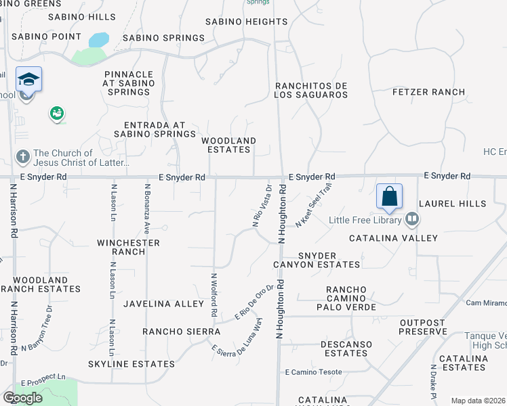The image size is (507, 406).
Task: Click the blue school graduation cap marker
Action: pos(28,81)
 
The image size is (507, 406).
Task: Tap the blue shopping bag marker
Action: pos(389,197)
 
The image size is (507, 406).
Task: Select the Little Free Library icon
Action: pos(411,219)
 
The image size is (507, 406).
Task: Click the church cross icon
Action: pos(22,158)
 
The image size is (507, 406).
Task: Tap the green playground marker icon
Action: pos(56,114)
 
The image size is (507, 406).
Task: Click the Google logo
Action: pos(22,398)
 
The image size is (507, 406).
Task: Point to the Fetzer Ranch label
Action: pos(428,91)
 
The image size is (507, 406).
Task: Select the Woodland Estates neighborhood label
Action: pos(228,145)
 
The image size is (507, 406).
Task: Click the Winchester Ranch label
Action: pos(128,247)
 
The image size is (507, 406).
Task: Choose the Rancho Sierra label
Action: pos(181,332)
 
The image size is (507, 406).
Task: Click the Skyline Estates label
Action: pos(131,364)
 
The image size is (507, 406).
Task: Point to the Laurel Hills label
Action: pos(452,203)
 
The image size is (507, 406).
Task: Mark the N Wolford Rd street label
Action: pos(214,295)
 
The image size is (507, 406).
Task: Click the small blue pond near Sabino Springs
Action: pos(98,40)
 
